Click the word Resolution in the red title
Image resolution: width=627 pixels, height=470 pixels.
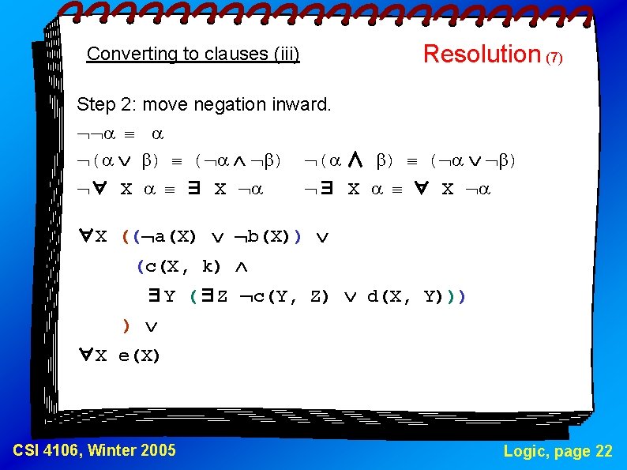(481, 54)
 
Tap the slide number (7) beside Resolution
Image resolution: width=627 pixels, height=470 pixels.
(554, 58)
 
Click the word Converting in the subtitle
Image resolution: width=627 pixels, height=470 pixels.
(122, 54)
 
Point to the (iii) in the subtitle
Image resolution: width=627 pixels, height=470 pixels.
(286, 54)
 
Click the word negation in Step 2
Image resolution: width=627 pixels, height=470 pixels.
(235, 104)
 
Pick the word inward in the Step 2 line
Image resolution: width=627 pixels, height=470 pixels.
(303, 104)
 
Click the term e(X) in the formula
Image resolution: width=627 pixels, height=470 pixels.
(139, 356)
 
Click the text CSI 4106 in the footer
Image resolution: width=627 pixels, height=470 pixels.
(46, 451)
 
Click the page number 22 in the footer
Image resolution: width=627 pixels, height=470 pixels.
(603, 451)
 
